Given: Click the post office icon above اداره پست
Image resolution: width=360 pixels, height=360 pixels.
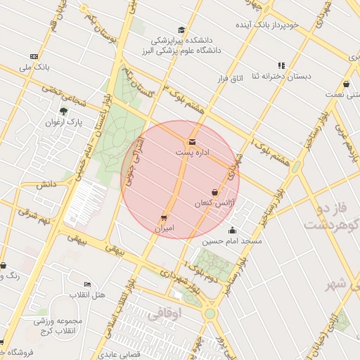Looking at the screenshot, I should pos(192,142).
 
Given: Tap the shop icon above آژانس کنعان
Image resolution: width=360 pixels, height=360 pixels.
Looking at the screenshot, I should pos(214,192).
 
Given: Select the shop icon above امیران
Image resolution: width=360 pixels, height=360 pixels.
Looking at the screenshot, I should pos(164,218).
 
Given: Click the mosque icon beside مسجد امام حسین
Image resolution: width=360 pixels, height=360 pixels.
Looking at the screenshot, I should pos(233,231).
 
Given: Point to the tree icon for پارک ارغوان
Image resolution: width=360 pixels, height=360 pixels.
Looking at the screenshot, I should pos(64,111).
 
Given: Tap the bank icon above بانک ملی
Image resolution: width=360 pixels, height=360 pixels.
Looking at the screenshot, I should pos(34,56).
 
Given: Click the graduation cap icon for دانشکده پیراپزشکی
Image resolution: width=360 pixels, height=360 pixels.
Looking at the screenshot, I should pos(181,30).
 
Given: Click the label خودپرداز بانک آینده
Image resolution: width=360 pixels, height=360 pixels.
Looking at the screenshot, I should pos(267,25).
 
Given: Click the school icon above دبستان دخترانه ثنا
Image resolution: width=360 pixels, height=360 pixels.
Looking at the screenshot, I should pos(281,65).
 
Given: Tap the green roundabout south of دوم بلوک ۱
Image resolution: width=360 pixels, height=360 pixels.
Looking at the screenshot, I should pos(209,313).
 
